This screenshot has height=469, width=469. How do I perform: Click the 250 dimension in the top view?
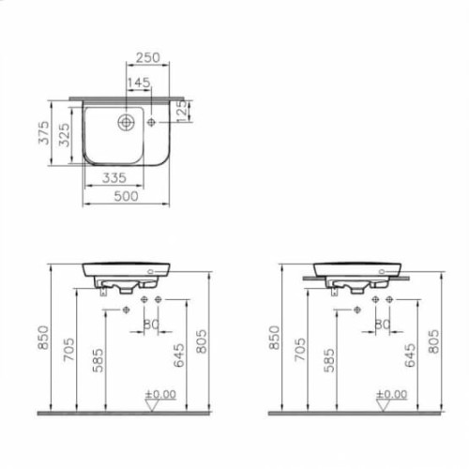147,58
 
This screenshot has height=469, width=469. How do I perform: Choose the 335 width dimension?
114,177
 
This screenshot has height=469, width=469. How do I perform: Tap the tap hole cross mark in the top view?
153,121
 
